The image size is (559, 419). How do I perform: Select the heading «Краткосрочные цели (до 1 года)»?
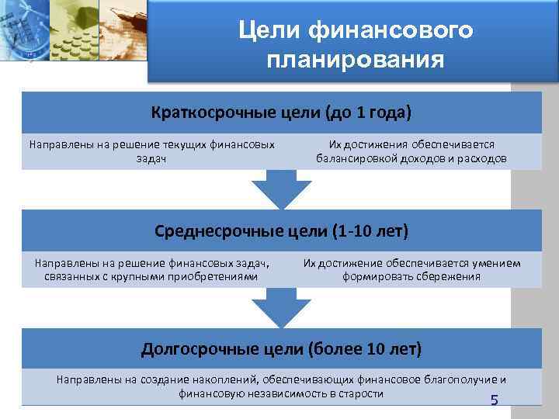coord(281,113)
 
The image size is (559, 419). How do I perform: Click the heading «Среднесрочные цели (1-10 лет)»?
coord(281,231)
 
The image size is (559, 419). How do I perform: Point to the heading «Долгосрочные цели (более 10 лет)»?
coord(281,348)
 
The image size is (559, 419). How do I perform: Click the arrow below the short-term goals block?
coord(281,190)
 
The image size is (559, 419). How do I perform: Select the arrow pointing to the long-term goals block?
coord(281,309)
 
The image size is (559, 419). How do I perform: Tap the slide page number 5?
coord(494,400)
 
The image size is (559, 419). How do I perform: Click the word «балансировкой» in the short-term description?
coord(355,158)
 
